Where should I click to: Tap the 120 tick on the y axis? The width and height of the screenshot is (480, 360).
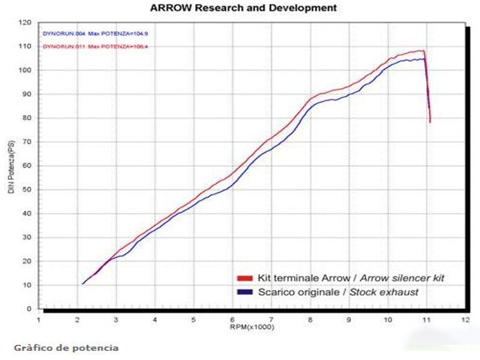tap(26, 23)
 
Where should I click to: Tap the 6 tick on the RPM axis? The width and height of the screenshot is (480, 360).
tap(233, 320)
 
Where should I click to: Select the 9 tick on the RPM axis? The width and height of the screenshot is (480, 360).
tap(349, 320)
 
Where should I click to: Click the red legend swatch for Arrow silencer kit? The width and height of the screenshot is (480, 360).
tap(245, 279)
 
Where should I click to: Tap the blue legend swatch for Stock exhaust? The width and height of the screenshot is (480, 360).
tap(245, 292)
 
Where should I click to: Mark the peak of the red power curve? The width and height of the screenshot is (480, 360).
tap(423, 51)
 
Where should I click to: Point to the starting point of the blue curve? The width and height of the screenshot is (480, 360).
tap(82, 283)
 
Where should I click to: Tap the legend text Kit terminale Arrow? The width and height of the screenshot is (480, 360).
tap(302, 278)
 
